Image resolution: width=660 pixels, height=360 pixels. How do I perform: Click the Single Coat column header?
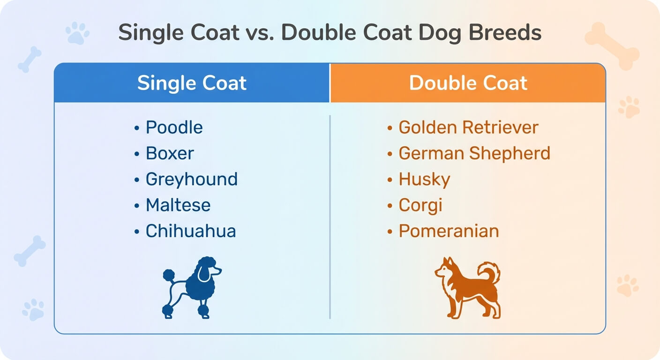click(x=192, y=83)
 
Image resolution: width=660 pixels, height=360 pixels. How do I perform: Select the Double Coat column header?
click(x=468, y=83)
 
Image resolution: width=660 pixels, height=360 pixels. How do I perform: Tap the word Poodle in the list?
click(x=174, y=127)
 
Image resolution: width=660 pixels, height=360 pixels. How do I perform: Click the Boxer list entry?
click(x=170, y=153)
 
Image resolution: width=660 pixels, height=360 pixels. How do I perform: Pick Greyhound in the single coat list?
click(x=192, y=180)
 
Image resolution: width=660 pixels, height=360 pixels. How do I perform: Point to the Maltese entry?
click(x=178, y=205)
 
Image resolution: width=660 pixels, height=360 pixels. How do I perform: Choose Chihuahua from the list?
click(x=191, y=231)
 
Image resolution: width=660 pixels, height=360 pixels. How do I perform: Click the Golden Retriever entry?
click(x=468, y=127)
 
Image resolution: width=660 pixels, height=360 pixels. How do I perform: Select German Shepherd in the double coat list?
click(x=474, y=153)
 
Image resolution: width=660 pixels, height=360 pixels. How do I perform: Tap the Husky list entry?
click(x=424, y=180)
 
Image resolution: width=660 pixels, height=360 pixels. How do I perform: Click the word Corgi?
click(x=420, y=205)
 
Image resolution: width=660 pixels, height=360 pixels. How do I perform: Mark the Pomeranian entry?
click(x=449, y=231)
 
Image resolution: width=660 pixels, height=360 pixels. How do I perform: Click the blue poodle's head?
click(x=208, y=268)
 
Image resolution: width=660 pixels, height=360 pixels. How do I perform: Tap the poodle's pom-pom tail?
click(x=169, y=275)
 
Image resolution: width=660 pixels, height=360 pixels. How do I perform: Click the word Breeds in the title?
click(x=505, y=32)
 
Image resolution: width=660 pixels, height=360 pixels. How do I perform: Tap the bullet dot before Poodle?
click(x=137, y=128)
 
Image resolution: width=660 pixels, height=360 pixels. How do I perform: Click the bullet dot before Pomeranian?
click(x=390, y=232)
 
